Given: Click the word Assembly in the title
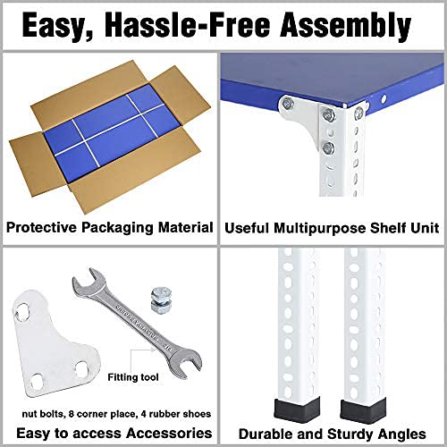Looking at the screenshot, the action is [345, 26].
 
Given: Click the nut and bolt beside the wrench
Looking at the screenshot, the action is [161, 299].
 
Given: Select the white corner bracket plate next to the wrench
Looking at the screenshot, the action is [55, 343].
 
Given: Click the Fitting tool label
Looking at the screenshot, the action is [133, 377].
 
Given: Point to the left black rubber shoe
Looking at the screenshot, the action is [297, 409].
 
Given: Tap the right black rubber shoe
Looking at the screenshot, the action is [363, 411].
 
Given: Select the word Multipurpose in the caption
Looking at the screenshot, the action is [320, 228].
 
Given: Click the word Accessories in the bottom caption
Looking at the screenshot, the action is [169, 433].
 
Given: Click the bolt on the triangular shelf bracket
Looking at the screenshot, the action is [287, 103].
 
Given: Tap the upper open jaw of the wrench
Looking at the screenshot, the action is [85, 280].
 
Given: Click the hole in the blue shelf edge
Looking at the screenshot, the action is [384, 98].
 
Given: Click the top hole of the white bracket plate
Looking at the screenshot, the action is [22, 312].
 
